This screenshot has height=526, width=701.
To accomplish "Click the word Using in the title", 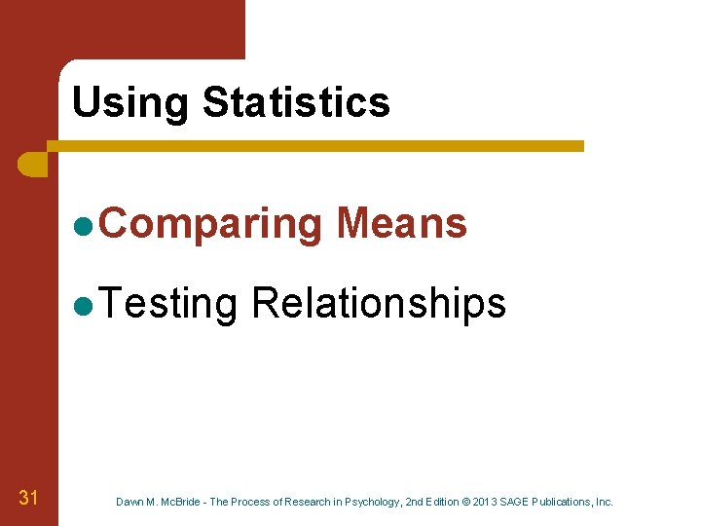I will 130,103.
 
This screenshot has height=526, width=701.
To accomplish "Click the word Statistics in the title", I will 296,102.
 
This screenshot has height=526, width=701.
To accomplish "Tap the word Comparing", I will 209,225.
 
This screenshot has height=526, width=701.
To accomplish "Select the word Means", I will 401,223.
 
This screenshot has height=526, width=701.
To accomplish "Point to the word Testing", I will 167,305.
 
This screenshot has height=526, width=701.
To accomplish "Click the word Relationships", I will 379,304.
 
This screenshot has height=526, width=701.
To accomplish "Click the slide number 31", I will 28,499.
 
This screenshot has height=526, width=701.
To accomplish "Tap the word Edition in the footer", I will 432,503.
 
